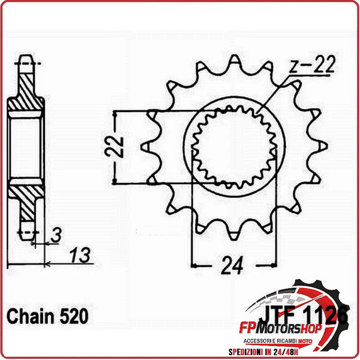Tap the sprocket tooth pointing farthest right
click(x=326, y=146)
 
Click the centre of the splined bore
click(x=233, y=146)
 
